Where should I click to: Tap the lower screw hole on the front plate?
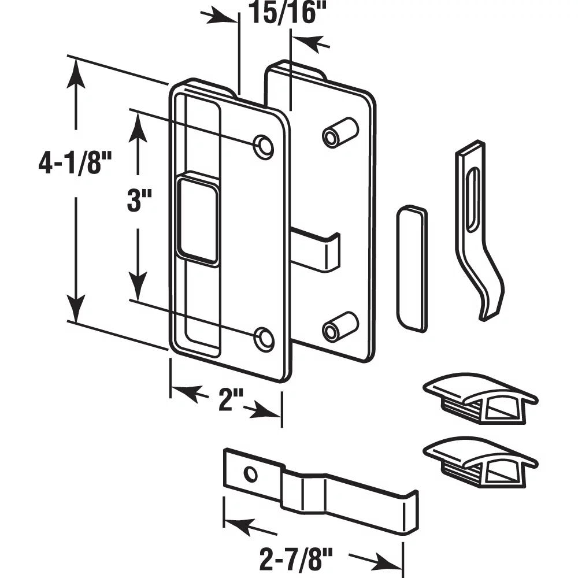(x=264, y=338)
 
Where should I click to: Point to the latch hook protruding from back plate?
(x=318, y=249)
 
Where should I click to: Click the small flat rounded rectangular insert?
(x=412, y=268)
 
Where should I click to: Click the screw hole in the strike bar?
(x=250, y=473)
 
